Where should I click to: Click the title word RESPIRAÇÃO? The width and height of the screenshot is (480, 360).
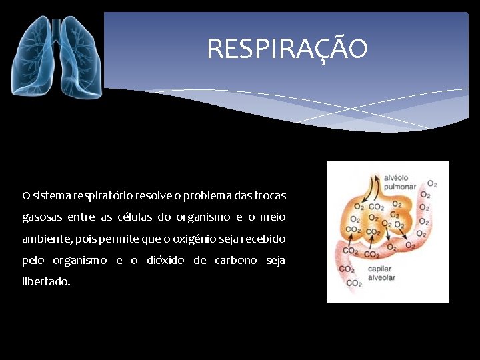click(x=287, y=49)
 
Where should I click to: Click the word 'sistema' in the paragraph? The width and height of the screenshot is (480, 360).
click(x=49, y=196)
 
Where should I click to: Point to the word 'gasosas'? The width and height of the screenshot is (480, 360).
click(x=41, y=218)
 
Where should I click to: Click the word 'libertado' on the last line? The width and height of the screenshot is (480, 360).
click(x=45, y=281)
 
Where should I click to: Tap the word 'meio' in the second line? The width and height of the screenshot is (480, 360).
click(x=273, y=217)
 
